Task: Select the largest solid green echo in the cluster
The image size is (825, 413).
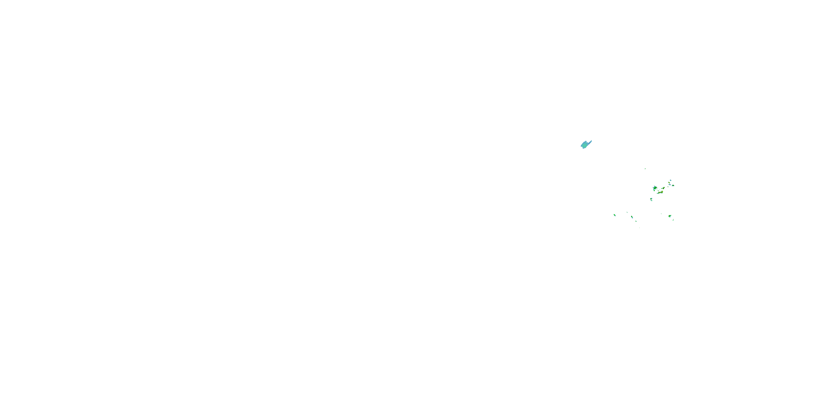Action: point(655,188)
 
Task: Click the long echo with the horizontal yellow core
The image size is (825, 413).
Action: point(661,192)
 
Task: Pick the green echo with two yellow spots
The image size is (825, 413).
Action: point(664,188)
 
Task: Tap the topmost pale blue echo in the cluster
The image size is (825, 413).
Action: point(671,181)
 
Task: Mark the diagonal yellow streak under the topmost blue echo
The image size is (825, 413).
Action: point(669,183)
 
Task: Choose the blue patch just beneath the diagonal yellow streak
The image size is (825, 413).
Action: point(670,185)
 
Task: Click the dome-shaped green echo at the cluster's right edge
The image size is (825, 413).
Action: point(673,186)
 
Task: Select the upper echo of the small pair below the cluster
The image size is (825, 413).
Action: point(651,199)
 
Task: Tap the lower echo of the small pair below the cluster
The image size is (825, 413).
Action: point(651,201)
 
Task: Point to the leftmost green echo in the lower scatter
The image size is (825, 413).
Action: point(615,215)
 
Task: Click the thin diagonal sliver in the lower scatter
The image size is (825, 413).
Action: point(627,212)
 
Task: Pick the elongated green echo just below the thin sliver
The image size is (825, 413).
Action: point(632,217)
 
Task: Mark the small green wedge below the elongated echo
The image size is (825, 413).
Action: point(636,221)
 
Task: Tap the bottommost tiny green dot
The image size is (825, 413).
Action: point(640,228)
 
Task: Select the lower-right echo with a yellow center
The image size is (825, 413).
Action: point(670,216)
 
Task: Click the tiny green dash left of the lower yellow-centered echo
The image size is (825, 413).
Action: point(661,214)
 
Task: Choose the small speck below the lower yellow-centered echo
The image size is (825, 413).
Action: point(673,220)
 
